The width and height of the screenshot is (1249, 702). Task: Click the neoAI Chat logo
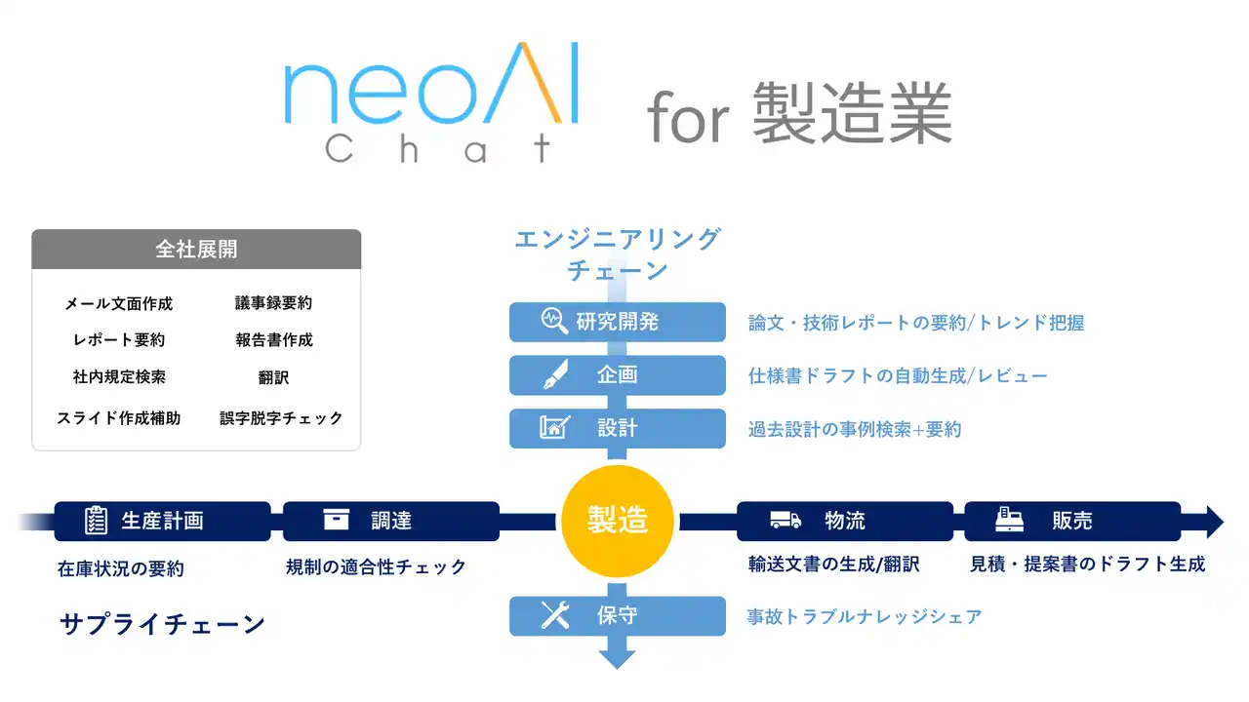pos(431,101)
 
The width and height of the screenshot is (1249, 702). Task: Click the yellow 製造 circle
pos(617,521)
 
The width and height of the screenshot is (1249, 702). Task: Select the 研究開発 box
pos(617,322)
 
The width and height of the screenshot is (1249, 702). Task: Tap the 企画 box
pos(617,375)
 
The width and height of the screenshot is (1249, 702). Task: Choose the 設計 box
pos(617,428)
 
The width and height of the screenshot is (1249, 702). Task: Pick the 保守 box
pos(617,616)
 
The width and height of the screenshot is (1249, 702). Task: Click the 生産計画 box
pos(162,521)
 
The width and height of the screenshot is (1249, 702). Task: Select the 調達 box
pos(390,521)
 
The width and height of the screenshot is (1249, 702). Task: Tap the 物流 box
pos(844,521)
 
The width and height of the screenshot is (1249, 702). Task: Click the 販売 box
pos(1071,521)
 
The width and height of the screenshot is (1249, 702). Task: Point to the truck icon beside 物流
pos(786,521)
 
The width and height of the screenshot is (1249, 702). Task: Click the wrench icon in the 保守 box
pos(555,615)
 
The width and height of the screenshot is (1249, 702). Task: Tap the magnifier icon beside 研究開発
pos(555,322)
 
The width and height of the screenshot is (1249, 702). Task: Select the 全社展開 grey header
pos(196,250)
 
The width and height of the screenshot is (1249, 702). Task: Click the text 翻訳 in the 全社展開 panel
pos(274,377)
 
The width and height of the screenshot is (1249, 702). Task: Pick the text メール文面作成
pos(119,304)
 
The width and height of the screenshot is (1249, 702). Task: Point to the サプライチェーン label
pos(163,625)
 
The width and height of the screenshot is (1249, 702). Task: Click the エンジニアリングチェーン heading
pos(617,253)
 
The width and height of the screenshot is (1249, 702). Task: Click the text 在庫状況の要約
pos(121,569)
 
